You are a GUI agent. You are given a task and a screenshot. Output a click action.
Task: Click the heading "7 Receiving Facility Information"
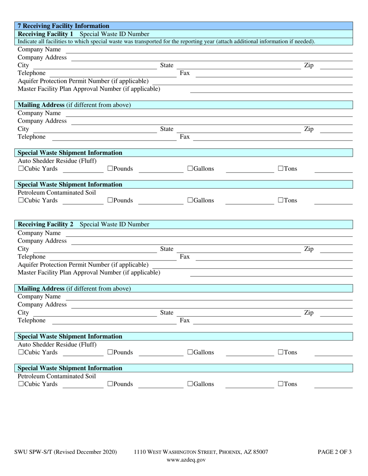[63, 26]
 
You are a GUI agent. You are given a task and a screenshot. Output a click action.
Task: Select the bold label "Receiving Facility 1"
[45, 34]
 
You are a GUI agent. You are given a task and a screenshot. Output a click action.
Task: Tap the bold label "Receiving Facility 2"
[45, 224]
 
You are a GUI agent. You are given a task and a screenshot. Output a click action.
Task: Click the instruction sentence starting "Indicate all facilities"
[167, 41]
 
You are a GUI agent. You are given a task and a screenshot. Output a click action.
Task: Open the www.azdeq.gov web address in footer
[186, 460]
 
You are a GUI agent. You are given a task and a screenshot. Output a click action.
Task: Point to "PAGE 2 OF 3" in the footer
[334, 452]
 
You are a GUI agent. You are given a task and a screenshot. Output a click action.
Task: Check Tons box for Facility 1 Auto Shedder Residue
[281, 169]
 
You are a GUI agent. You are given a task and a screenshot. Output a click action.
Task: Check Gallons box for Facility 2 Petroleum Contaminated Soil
[190, 384]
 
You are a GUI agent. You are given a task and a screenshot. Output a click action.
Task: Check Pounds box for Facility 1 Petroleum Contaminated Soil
[110, 200]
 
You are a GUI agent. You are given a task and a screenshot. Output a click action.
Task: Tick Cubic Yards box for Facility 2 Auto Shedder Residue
[21, 352]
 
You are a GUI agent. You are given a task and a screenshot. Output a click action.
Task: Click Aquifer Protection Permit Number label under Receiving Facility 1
[83, 81]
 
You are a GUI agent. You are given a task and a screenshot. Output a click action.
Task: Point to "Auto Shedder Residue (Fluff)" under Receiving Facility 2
[57, 344]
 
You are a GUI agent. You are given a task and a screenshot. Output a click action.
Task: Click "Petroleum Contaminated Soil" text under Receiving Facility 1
[57, 192]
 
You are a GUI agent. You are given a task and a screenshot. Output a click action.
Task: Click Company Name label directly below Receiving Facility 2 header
[39, 233]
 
